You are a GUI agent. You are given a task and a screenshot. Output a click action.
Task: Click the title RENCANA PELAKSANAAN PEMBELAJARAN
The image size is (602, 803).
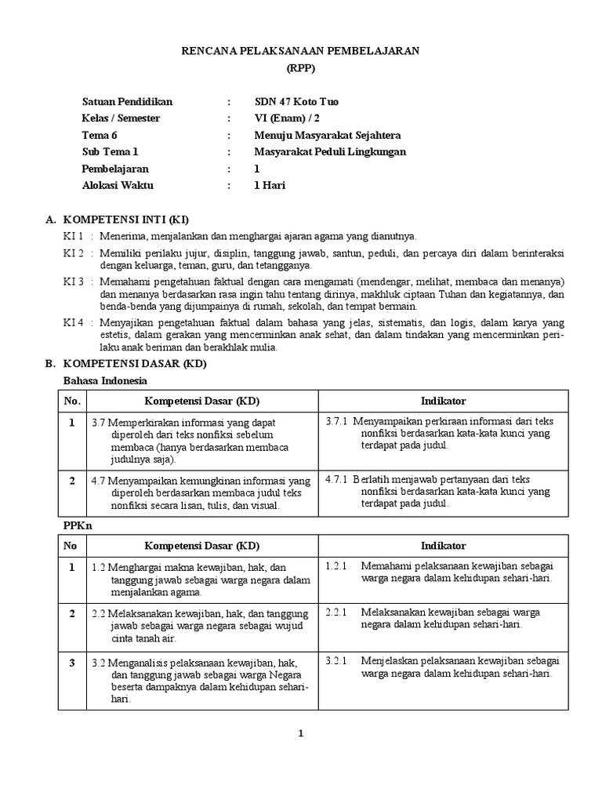pyautogui.click(x=301, y=51)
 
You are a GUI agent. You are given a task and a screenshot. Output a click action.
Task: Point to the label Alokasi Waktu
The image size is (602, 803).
pyautogui.click(x=118, y=186)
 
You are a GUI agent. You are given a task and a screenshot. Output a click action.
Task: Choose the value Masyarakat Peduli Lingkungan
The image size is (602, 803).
pyautogui.click(x=331, y=152)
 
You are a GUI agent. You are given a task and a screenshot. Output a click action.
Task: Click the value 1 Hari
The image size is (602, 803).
pyautogui.click(x=270, y=186)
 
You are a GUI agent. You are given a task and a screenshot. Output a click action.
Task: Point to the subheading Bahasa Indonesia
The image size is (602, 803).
pyautogui.click(x=105, y=381)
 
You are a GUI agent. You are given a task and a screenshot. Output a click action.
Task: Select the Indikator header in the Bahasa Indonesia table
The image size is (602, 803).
pyautogui.click(x=443, y=401)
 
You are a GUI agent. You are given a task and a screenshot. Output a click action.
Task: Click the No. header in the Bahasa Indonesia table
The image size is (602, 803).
pyautogui.click(x=71, y=401)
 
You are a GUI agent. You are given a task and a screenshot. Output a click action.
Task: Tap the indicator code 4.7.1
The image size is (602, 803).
pyautogui.click(x=337, y=478)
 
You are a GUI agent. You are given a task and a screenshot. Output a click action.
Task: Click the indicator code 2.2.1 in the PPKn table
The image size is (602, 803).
pyautogui.click(x=335, y=611)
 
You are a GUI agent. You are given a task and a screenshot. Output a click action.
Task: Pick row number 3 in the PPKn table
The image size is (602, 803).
pyautogui.click(x=71, y=663)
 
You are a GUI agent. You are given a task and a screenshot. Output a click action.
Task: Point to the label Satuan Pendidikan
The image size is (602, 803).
pyautogui.click(x=127, y=102)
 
